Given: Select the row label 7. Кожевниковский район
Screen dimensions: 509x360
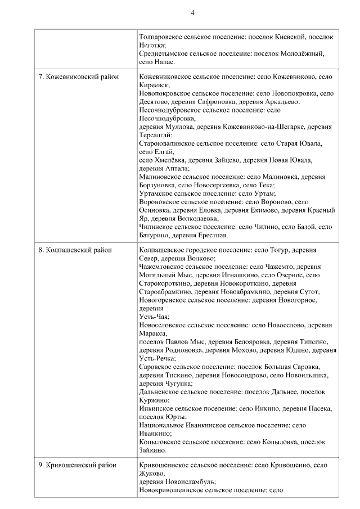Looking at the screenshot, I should point(78,76).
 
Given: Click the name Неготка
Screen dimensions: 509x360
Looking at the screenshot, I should point(151,44).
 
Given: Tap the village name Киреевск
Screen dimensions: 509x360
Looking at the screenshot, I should point(154,84).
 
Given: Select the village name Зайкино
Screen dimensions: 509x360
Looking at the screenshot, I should point(152,450).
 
